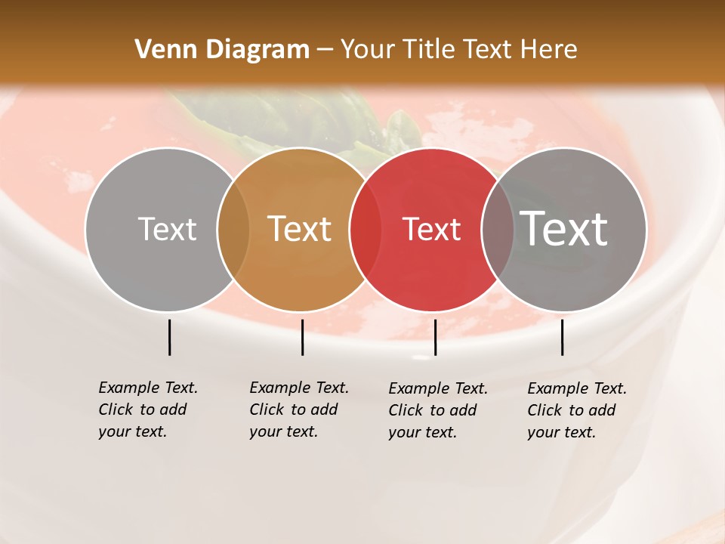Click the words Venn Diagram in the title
tap(222, 50)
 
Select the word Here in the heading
tap(549, 50)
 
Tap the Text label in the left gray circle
tap(167, 230)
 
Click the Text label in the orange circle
tap(300, 230)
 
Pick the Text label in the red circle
tap(431, 230)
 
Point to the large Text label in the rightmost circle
tap(564, 228)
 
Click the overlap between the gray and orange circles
tap(233, 230)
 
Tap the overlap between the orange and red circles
tap(366, 230)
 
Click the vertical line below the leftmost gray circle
tap(169, 337)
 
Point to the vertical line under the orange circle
tap(302, 337)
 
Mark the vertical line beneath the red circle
tap(435, 337)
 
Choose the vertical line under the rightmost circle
tap(562, 337)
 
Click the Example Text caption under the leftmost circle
tap(148, 410)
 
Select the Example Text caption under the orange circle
tap(299, 410)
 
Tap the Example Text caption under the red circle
tap(438, 410)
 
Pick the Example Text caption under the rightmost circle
tap(577, 410)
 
